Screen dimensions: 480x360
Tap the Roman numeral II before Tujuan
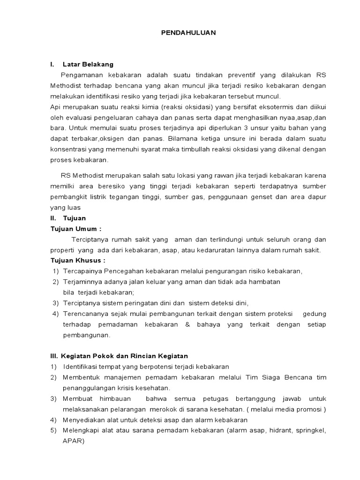[x=53, y=218]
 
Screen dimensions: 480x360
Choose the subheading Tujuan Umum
[x=75, y=229]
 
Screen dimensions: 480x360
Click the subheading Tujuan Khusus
[x=78, y=261]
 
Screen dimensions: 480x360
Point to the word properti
[x=63, y=250]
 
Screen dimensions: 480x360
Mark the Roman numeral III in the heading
[x=54, y=356]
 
